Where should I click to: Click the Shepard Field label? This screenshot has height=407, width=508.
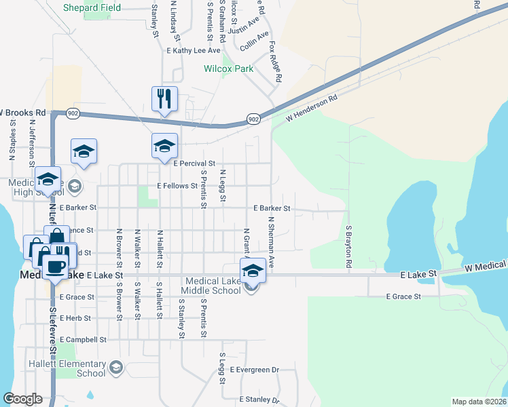point(92,8)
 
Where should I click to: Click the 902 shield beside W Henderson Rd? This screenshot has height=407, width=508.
point(253,119)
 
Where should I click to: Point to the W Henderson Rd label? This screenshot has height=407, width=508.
point(312,109)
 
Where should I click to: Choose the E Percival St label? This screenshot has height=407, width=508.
point(194,163)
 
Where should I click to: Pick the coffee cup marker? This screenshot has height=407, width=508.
point(56,266)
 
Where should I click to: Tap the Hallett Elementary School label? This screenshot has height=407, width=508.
point(82,369)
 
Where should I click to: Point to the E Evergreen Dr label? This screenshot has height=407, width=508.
point(255,370)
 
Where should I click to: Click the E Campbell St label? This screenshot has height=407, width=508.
point(84,339)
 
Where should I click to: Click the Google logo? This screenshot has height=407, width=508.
point(23,399)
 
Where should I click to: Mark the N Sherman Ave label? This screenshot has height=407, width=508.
point(270,242)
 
